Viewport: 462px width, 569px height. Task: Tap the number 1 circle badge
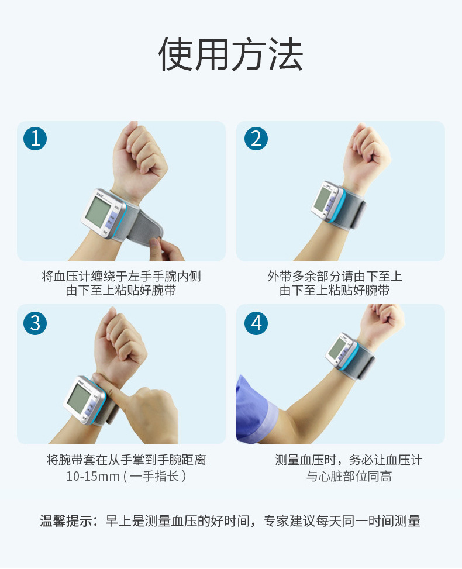click(35, 139)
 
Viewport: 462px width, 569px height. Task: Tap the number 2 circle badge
click(256, 139)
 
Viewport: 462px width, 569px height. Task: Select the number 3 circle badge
click(35, 322)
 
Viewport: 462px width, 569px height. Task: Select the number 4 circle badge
click(256, 322)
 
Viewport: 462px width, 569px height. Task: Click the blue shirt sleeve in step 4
click(254, 409)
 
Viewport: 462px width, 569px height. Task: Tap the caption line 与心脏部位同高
click(349, 476)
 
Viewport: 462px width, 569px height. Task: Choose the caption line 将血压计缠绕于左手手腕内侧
click(121, 276)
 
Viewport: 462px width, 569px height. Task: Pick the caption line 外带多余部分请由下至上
click(335, 276)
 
